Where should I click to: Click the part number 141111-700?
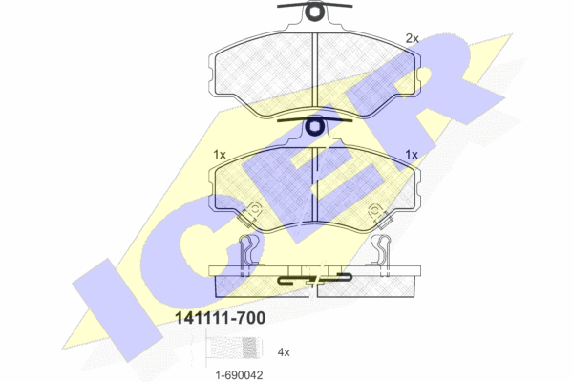(x=221, y=318)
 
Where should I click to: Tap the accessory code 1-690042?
(x=239, y=375)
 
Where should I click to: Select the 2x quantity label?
(x=413, y=38)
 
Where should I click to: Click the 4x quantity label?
(x=284, y=352)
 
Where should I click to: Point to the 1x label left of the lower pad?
(x=220, y=155)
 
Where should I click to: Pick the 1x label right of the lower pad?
(x=412, y=155)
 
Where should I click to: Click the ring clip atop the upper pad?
(x=314, y=11)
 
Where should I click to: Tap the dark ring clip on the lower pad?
(x=314, y=126)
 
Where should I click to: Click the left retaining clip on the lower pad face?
(x=250, y=215)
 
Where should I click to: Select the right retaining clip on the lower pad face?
(x=379, y=216)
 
